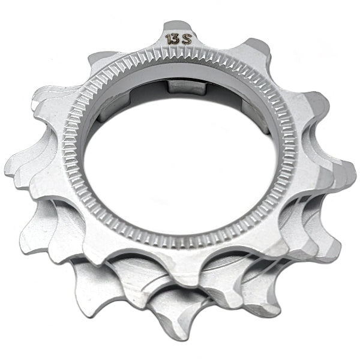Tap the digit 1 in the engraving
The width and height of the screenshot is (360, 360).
[x=169, y=40]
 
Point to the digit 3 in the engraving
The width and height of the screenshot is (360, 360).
[x=177, y=39]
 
